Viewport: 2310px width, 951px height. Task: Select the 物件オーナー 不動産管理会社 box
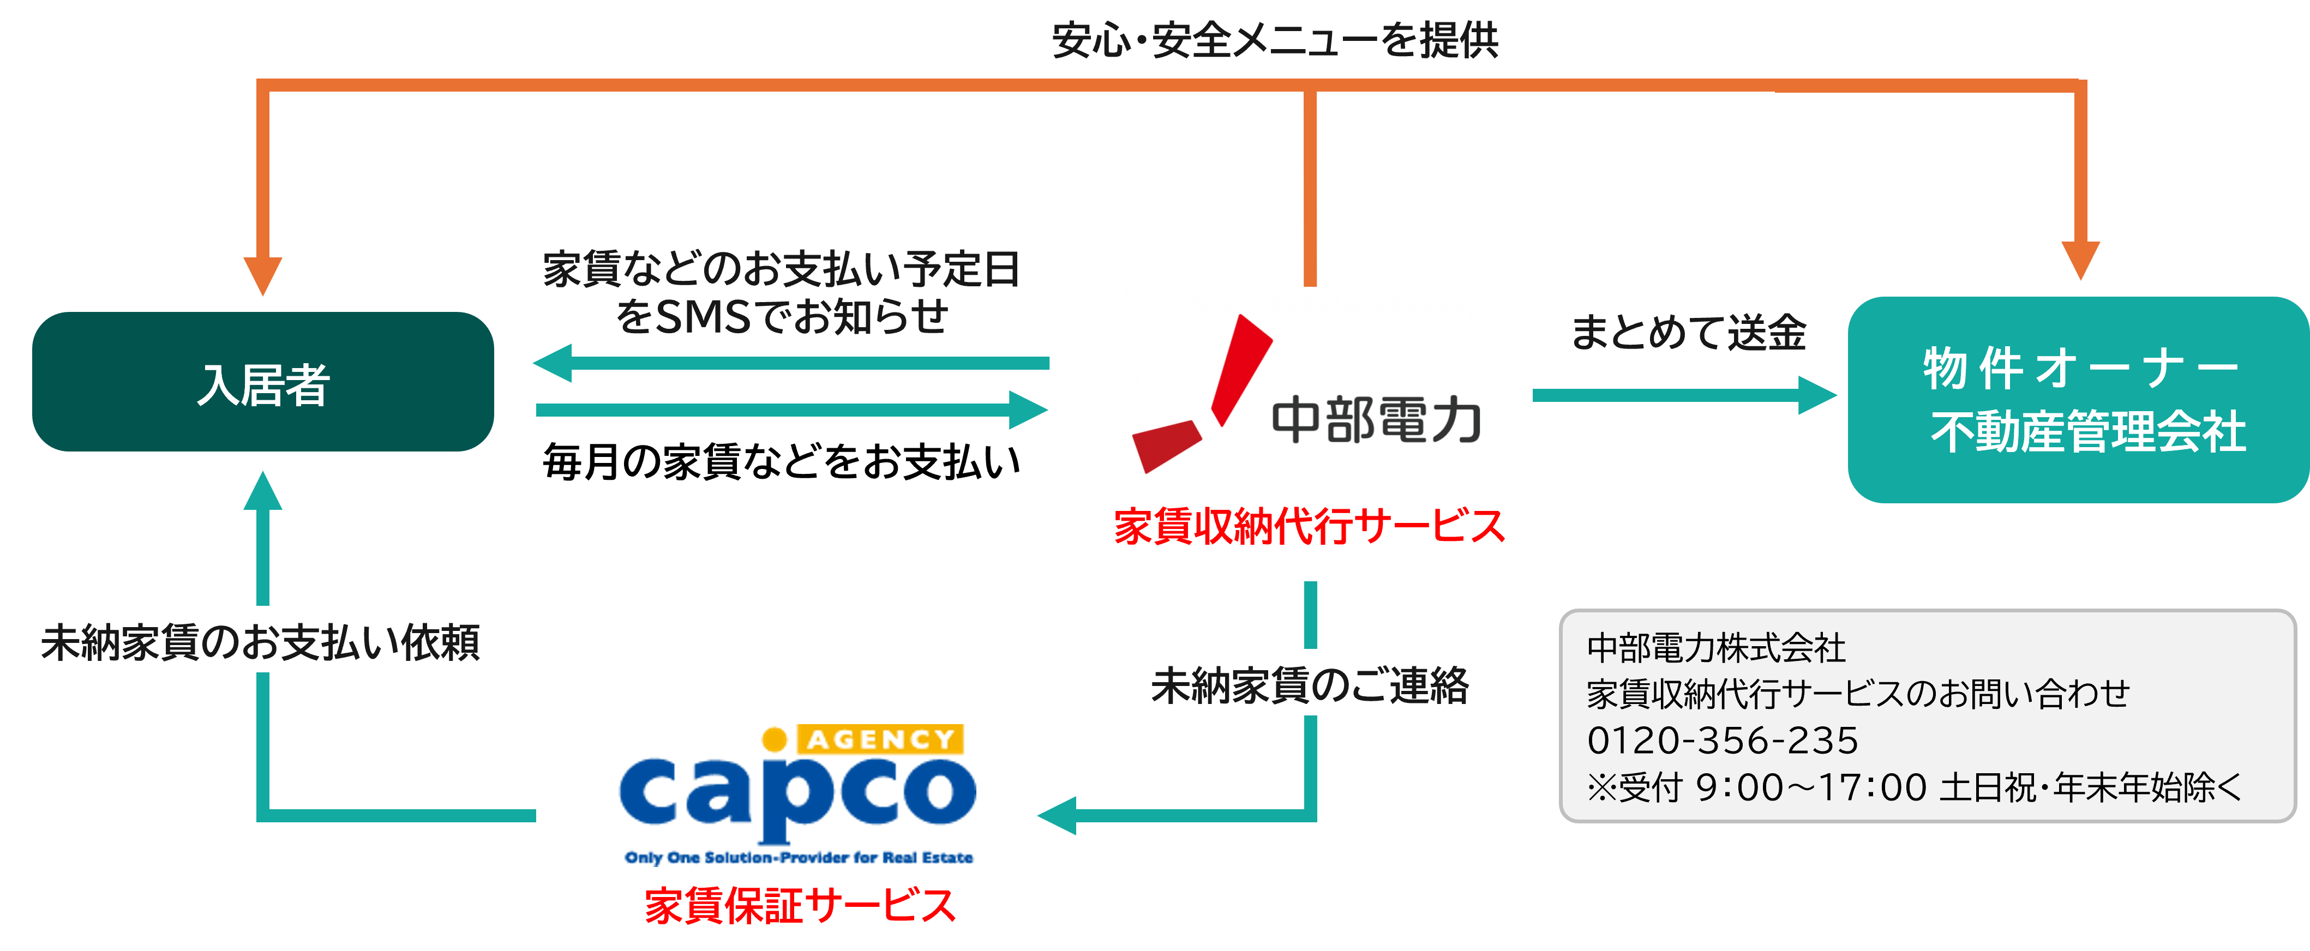pyautogui.click(x=2078, y=400)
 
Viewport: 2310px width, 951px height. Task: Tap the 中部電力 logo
pyautogui.click(x=1306, y=384)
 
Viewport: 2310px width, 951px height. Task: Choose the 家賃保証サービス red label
pyautogui.click(x=801, y=904)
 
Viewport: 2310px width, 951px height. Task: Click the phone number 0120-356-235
pyautogui.click(x=1723, y=741)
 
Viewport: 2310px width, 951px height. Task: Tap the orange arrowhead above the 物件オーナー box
pyautogui.click(x=2080, y=260)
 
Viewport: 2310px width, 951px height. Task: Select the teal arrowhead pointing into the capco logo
pyautogui.click(x=1058, y=816)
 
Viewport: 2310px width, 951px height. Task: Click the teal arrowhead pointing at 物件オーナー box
pyautogui.click(x=1816, y=395)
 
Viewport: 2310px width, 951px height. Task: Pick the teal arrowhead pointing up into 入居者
pyautogui.click(x=263, y=491)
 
